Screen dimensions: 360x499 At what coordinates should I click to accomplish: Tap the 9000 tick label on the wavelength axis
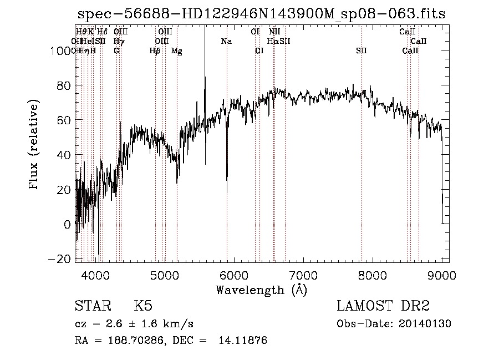441,274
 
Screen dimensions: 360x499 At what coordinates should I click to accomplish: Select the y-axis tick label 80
66,86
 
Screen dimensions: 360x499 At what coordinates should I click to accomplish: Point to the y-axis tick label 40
66,155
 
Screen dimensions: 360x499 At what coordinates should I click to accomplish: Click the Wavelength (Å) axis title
261,290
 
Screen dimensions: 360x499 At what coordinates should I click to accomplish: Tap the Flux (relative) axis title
35,145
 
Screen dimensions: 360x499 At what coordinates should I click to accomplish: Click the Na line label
226,41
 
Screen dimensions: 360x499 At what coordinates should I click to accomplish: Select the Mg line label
176,51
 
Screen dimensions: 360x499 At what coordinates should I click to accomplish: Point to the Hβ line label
155,51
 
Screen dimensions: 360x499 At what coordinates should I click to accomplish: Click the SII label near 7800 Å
361,51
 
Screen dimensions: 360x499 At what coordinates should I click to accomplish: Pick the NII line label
274,32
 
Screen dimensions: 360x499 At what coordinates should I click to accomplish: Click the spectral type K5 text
143,306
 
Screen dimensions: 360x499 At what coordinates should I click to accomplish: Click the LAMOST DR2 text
383,306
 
